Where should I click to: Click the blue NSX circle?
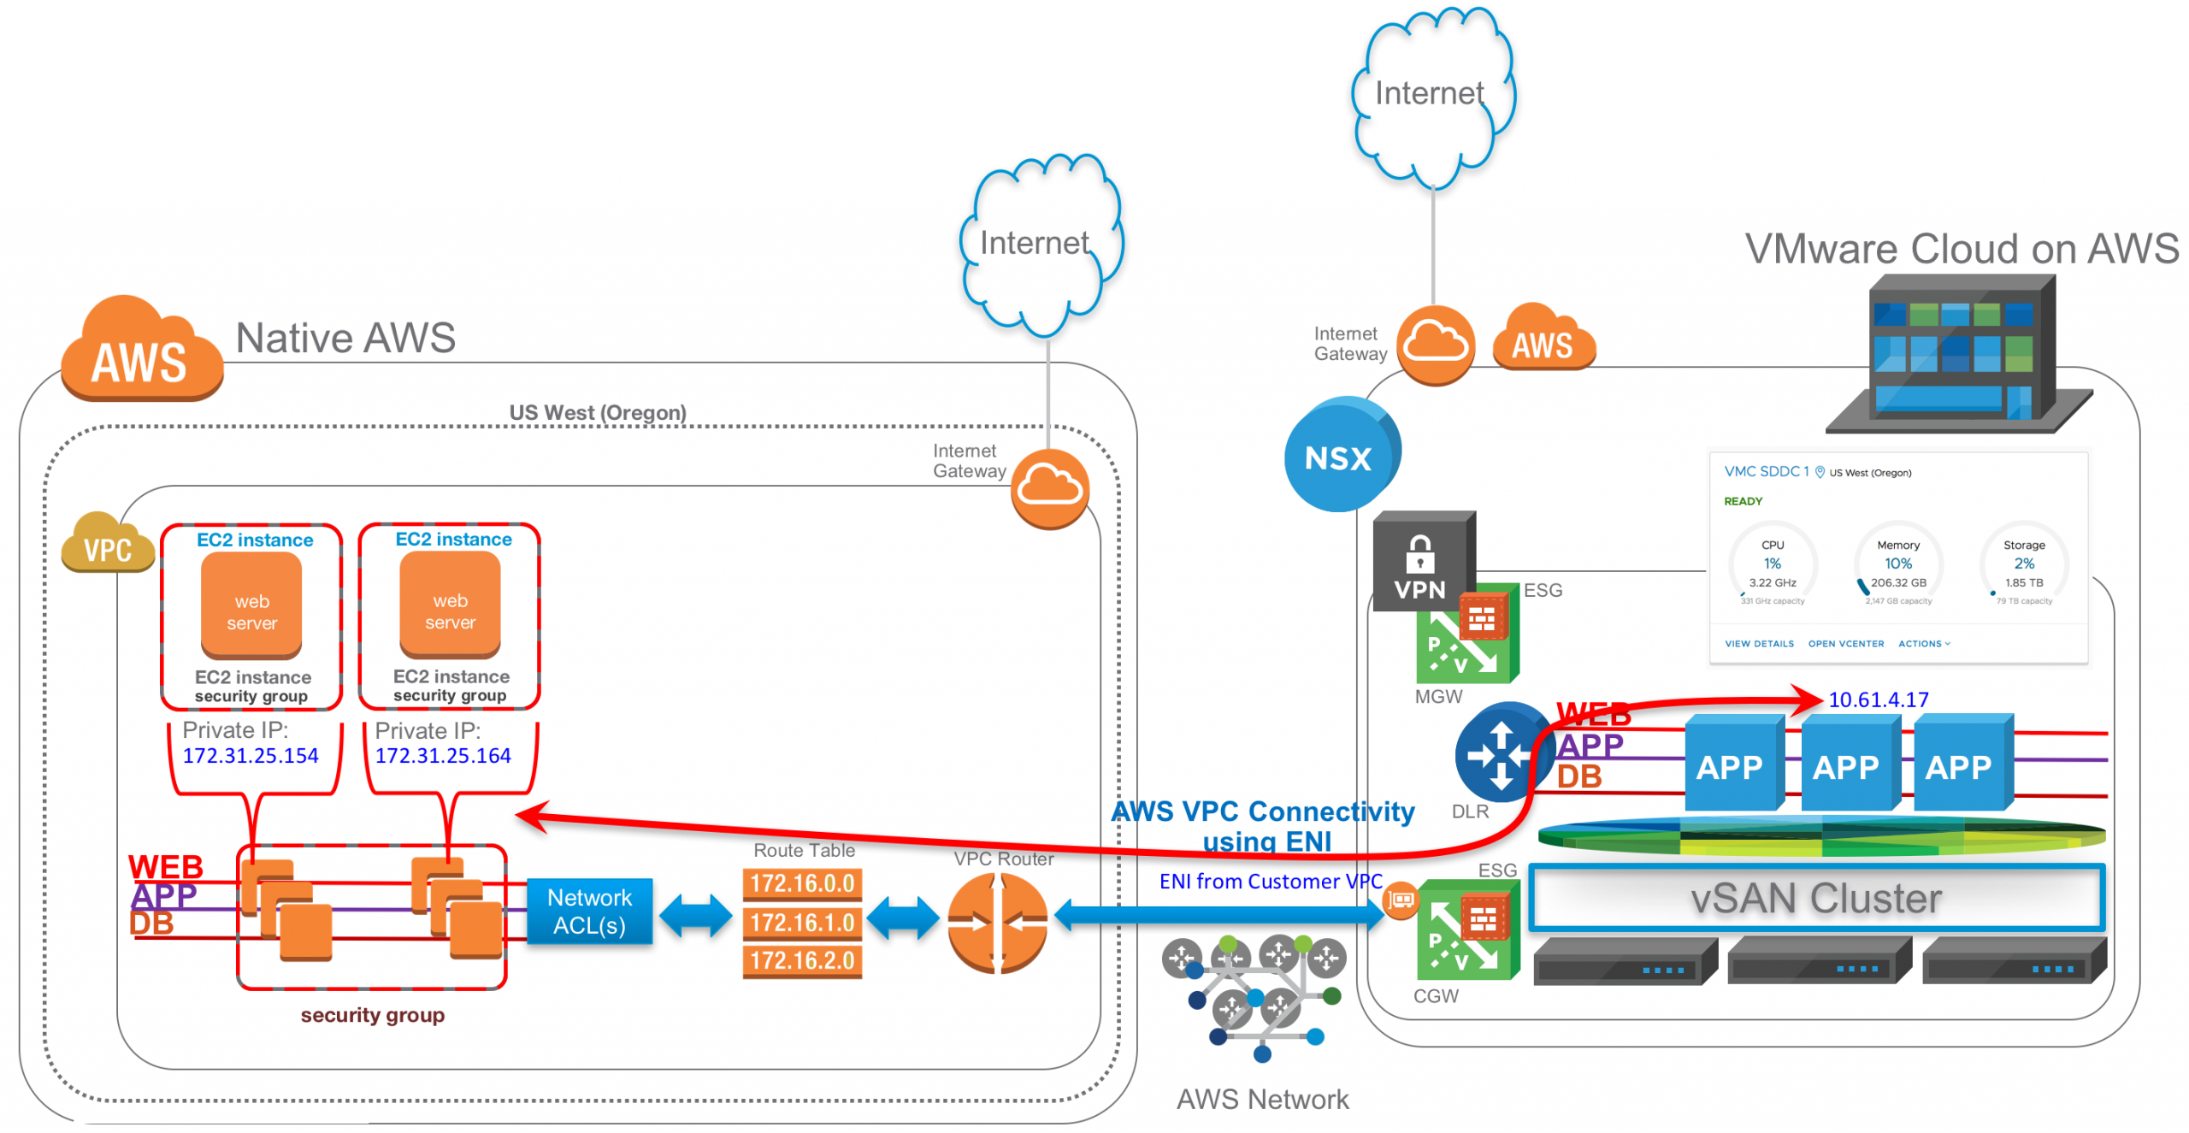pyautogui.click(x=1340, y=455)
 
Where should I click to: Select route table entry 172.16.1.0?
pyautogui.click(x=801, y=922)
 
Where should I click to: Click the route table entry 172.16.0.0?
pyautogui.click(x=801, y=882)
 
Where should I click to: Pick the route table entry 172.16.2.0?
pyautogui.click(x=801, y=960)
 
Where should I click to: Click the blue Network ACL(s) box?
pyautogui.click(x=589, y=911)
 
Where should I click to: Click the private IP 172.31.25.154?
pyautogui.click(x=250, y=756)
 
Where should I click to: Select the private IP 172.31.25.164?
pyautogui.click(x=442, y=756)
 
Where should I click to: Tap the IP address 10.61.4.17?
pyautogui.click(x=1878, y=699)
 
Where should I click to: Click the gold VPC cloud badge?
pyautogui.click(x=107, y=544)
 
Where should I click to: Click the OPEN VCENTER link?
pyautogui.click(x=1845, y=644)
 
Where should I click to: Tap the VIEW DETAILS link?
pyautogui.click(x=1758, y=644)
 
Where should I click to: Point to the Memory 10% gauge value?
pyautogui.click(x=1897, y=564)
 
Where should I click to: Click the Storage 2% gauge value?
pyautogui.click(x=2023, y=564)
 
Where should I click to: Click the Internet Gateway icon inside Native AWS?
pyautogui.click(x=1049, y=488)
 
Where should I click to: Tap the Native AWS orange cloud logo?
pyautogui.click(x=139, y=352)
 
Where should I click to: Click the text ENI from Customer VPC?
pyautogui.click(x=1270, y=881)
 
